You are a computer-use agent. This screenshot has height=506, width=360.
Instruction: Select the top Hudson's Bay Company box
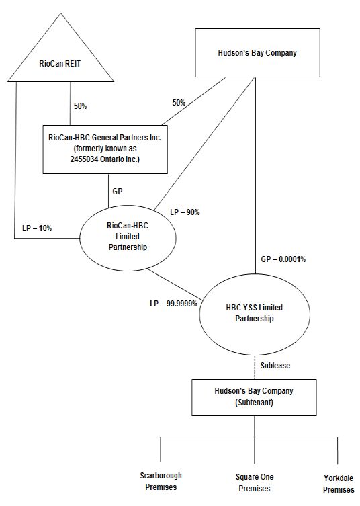(x=257, y=52)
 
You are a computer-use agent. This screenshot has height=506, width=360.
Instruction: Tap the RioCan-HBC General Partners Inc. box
(x=105, y=149)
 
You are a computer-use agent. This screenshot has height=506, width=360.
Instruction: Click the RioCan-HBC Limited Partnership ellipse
(x=128, y=238)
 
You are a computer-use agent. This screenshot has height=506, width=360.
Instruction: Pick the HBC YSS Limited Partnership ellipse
(x=255, y=313)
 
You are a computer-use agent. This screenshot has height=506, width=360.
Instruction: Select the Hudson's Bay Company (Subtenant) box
(x=254, y=397)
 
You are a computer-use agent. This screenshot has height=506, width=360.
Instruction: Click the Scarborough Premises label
(x=161, y=481)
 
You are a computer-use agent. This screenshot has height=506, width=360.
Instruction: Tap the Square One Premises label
(x=255, y=482)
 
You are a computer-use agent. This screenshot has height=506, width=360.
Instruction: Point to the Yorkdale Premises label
(x=339, y=484)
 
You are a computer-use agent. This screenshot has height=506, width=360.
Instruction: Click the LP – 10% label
(x=37, y=228)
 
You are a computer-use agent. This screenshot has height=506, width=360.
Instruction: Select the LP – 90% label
(x=185, y=212)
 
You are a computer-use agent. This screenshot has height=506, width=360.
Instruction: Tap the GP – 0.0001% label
(x=283, y=259)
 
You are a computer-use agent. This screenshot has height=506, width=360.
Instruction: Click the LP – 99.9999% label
(x=173, y=304)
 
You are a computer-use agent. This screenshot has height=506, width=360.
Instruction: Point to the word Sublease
(x=275, y=366)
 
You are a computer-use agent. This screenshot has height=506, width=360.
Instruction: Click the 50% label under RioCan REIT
(x=81, y=106)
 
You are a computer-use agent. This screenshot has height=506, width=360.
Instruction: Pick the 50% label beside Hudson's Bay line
(x=179, y=103)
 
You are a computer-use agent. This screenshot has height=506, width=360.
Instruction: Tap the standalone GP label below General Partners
(x=118, y=192)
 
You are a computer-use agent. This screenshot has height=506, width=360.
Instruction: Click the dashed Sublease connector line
(x=255, y=368)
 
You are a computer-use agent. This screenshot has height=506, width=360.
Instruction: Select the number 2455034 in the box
(x=84, y=159)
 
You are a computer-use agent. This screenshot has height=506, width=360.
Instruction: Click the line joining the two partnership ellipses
(x=175, y=284)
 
